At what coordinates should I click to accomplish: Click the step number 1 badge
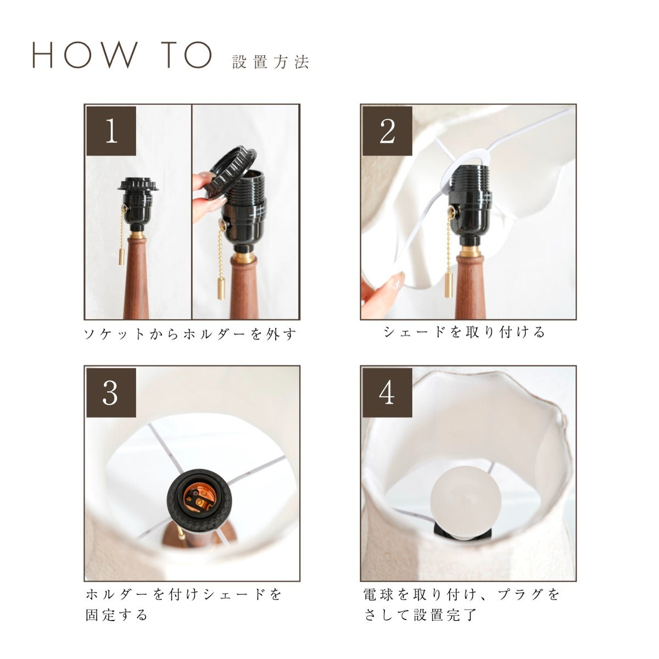click(111, 131)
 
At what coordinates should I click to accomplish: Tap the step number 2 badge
click(387, 131)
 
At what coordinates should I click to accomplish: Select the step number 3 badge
click(111, 393)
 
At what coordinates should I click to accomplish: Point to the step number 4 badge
click(387, 393)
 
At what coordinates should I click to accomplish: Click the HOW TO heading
click(122, 55)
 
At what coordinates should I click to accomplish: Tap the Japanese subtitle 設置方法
click(271, 62)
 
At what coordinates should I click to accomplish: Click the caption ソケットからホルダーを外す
click(190, 333)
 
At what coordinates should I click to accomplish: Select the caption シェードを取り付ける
click(464, 332)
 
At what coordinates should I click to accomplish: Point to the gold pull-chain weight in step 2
click(448, 284)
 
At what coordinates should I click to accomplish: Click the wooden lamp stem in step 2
click(466, 287)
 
